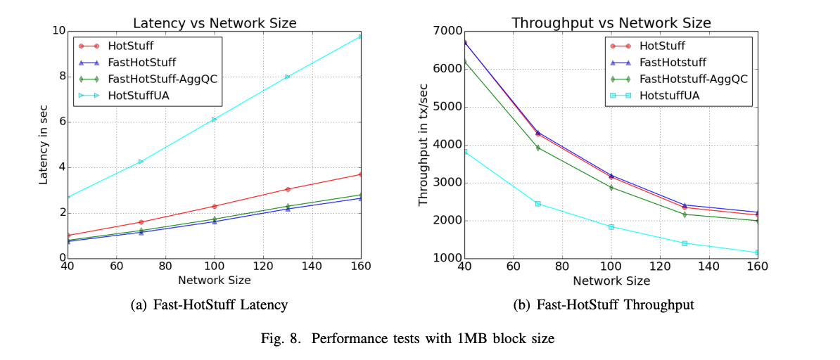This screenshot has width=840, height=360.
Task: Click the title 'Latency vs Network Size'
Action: coord(215,22)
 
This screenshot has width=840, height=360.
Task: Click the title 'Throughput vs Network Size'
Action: coord(611,22)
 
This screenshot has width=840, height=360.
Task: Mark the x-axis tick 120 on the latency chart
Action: coord(262,267)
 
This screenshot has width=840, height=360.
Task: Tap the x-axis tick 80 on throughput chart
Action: coord(562,267)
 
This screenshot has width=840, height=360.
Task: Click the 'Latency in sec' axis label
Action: coord(44,145)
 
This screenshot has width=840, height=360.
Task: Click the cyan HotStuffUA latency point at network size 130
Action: coord(287,77)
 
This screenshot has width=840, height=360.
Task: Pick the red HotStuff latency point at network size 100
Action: coord(214,206)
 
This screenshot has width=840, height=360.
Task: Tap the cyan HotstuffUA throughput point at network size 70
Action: coord(537,204)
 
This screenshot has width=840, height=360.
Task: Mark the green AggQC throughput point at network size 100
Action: coord(611,187)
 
